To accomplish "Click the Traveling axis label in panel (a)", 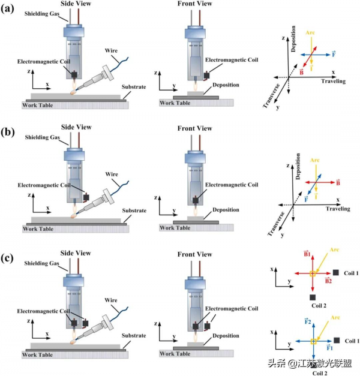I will pos(334,80).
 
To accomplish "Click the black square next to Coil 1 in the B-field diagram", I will pos(336,273).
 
